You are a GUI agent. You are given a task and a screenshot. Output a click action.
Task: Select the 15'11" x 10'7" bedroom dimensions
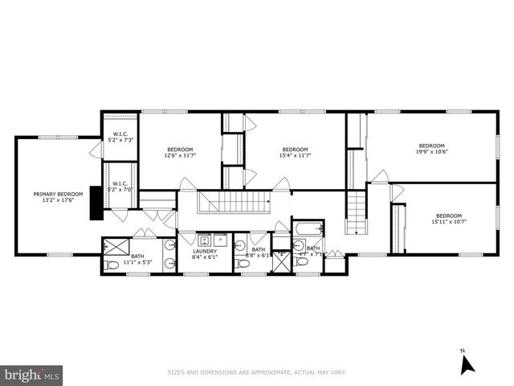(x=449, y=221)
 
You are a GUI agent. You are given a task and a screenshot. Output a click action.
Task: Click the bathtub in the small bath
(x=307, y=230)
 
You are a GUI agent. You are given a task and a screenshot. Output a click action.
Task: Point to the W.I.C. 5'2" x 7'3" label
(x=121, y=138)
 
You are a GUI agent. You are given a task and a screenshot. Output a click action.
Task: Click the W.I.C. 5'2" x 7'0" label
(x=121, y=188)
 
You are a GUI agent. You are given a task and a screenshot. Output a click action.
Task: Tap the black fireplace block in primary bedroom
(x=96, y=202)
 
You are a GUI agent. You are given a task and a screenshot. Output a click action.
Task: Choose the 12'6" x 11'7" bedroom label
(x=180, y=151)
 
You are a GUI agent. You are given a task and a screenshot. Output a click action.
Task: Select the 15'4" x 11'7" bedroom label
(x=295, y=151)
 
